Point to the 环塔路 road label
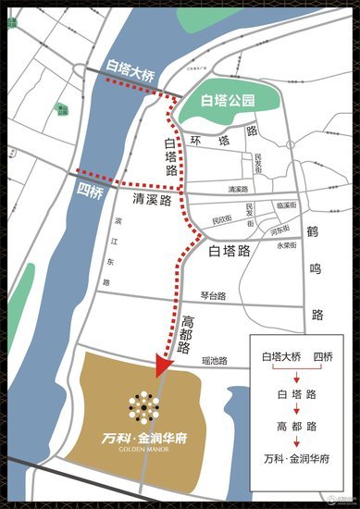pyautogui.click(x=222, y=138)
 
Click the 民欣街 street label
pyautogui.click(x=222, y=220)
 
